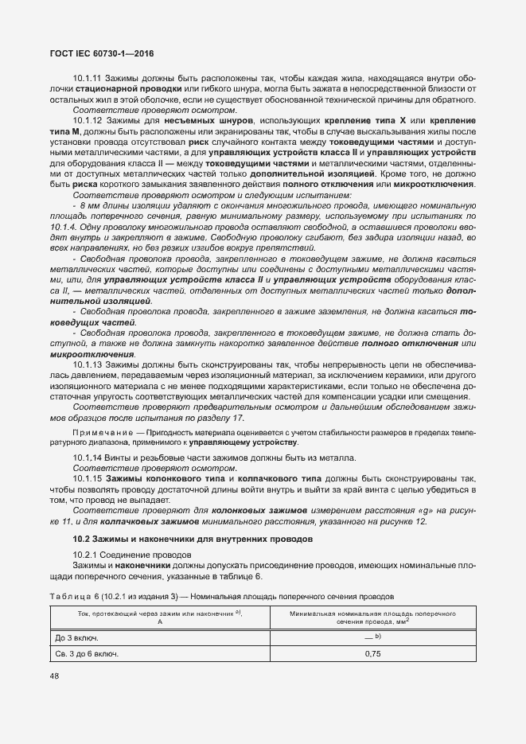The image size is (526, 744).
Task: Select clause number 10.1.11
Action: [88, 79]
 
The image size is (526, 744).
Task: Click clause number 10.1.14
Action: [88, 458]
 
